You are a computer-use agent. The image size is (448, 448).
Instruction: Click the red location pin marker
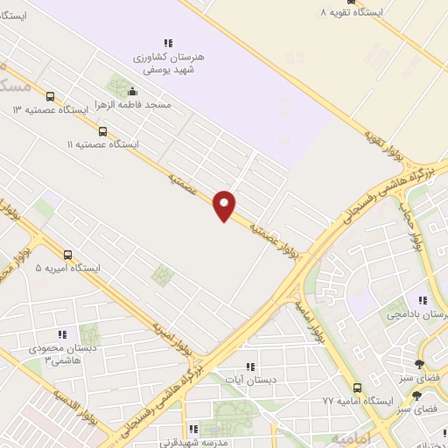(225, 206)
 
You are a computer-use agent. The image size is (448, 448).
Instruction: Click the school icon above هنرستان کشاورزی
(168, 42)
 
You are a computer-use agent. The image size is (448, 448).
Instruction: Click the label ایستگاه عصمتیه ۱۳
(51, 110)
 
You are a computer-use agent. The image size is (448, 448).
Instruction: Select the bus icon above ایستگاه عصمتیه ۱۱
(103, 131)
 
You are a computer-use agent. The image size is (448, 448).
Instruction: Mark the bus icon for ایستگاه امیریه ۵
(69, 255)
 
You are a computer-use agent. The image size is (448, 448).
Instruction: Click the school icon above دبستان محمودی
(61, 334)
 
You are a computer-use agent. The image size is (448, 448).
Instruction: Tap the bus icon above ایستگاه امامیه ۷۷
(357, 388)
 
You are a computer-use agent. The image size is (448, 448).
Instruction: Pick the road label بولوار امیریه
(170, 332)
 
